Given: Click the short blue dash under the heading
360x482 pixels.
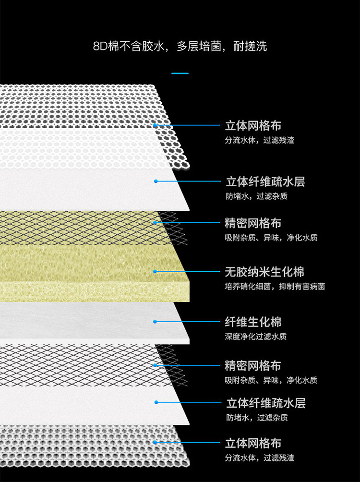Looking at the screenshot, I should click(x=180, y=73).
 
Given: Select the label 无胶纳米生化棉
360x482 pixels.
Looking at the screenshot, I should click(x=264, y=272).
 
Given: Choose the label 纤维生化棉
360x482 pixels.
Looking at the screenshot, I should click(x=253, y=322).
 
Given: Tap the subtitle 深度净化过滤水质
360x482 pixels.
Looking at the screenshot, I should click(x=256, y=337).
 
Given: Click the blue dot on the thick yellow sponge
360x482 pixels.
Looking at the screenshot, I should click(x=155, y=272).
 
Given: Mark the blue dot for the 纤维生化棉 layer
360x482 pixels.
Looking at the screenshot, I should click(x=155, y=322).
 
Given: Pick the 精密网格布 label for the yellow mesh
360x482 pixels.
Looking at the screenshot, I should click(x=253, y=223).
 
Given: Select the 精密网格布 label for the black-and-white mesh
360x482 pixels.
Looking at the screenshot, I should click(x=253, y=366).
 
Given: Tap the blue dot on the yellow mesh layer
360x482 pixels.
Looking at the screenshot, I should click(x=155, y=223).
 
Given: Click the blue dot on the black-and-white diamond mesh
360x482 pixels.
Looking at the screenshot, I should click(x=155, y=365).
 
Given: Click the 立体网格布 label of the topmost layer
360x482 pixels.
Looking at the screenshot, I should click(x=253, y=126).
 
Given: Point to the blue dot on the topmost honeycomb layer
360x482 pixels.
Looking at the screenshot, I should click(x=155, y=126).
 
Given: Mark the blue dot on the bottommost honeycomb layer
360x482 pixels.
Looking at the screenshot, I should click(x=155, y=443).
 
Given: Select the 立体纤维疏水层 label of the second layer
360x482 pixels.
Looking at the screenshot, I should click(x=265, y=182).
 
